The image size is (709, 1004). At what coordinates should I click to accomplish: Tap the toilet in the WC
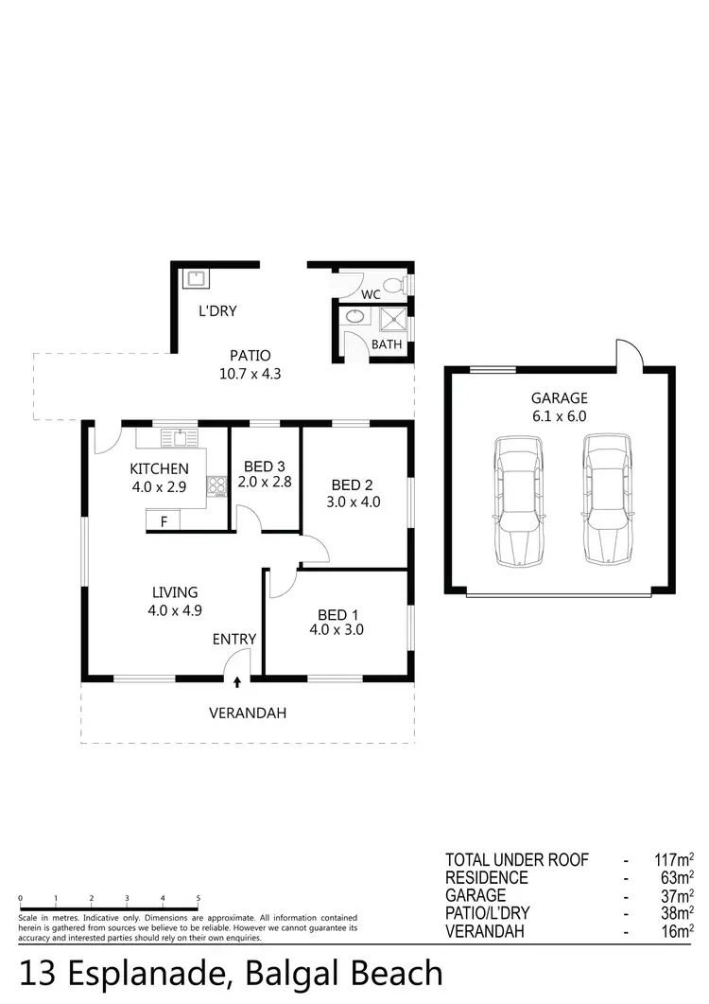405,283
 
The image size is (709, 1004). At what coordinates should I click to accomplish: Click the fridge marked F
164,521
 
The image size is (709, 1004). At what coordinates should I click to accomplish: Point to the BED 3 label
264,467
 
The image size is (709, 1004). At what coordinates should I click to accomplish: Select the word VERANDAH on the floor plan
247,713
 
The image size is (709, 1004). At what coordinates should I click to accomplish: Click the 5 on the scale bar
198,899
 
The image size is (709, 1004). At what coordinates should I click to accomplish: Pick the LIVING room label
175,592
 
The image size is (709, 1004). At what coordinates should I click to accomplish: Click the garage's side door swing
630,354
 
